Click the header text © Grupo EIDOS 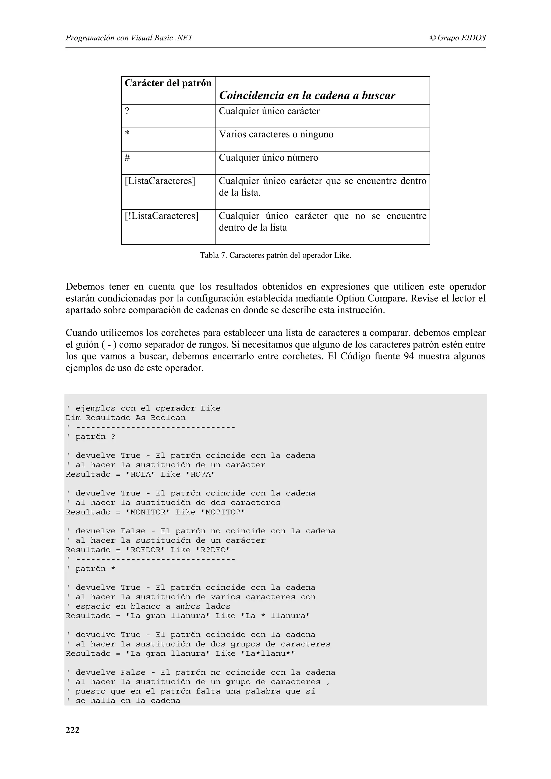click(457, 38)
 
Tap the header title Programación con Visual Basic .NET click(129, 38)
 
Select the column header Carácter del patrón click(168, 83)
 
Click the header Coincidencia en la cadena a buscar click(307, 95)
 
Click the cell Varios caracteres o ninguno click(276, 134)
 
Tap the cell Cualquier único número click(268, 158)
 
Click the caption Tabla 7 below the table click(275, 255)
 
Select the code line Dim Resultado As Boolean click(126, 418)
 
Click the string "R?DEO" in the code click(213, 550)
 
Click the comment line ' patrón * click(91, 569)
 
